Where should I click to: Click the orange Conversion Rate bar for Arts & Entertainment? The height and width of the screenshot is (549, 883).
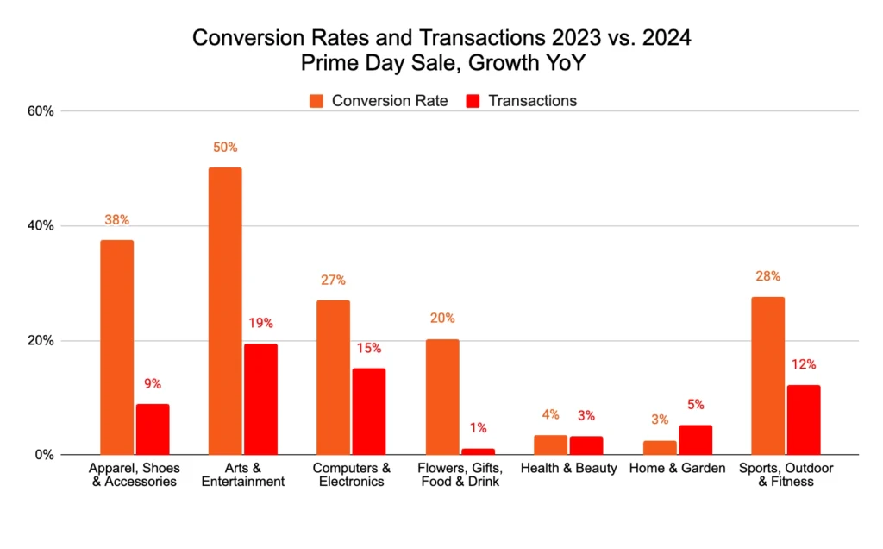tap(225, 311)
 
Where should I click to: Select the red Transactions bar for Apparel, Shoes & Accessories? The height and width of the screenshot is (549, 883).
tap(153, 429)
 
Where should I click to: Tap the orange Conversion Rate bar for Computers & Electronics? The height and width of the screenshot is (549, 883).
tap(333, 377)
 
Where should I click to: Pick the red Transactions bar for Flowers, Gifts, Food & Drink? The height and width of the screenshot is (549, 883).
tap(478, 451)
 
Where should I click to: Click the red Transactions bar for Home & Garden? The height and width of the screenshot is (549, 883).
tap(695, 439)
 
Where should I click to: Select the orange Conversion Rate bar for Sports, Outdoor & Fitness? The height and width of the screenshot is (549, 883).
tap(767, 375)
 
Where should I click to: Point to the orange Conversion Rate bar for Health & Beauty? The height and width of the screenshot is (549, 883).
tap(550, 445)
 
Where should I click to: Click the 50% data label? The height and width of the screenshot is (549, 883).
tap(225, 148)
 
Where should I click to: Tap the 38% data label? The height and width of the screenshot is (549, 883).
tap(116, 220)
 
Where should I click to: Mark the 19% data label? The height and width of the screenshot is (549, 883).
tap(260, 323)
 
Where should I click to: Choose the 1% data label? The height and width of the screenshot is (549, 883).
tap(478, 427)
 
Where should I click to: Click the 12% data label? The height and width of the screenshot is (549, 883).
tap(804, 364)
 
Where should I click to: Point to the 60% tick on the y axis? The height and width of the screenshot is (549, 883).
tap(41, 111)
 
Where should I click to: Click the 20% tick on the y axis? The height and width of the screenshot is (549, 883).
tap(41, 340)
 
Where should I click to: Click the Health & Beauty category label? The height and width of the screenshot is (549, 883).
tap(568, 468)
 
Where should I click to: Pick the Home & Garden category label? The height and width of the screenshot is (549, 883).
tap(677, 468)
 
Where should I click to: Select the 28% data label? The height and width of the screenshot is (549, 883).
tap(767, 276)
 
